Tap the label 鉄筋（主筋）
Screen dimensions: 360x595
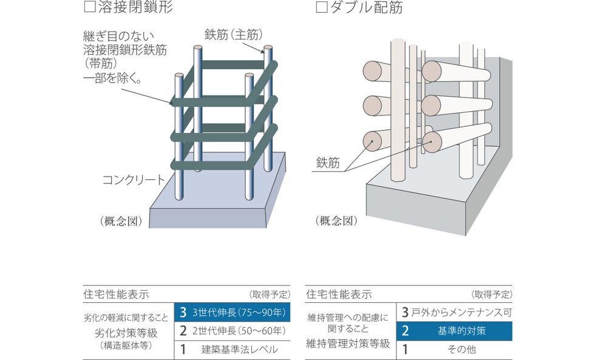click(x=233, y=33)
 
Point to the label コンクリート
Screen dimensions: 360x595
click(x=133, y=180)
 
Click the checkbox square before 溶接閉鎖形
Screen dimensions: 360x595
click(x=89, y=8)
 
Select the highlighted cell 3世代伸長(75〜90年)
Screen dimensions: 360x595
click(x=232, y=313)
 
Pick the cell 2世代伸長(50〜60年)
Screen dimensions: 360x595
click(x=232, y=331)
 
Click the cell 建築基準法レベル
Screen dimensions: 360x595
click(x=232, y=350)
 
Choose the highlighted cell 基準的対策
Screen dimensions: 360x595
click(x=454, y=331)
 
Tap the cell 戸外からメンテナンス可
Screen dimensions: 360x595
click(x=454, y=313)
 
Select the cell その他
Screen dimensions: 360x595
click(x=454, y=350)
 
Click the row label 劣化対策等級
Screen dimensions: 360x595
click(x=128, y=333)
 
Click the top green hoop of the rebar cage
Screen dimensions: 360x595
click(x=231, y=64)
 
